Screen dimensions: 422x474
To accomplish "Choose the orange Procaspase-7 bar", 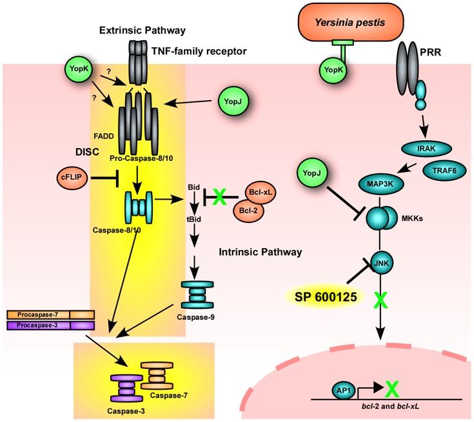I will click(50, 315).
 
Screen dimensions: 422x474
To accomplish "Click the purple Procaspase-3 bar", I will click(50, 324).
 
